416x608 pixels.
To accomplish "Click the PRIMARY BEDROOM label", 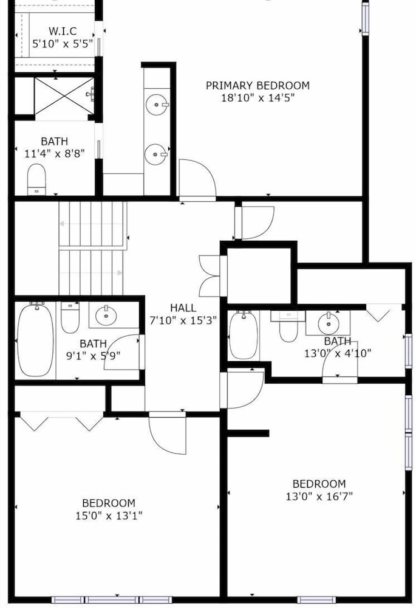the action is coord(257,85).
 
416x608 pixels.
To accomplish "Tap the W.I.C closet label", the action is coord(63,31).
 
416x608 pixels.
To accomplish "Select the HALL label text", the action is coord(183,308).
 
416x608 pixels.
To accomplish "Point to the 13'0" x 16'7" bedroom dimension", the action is coord(319,496).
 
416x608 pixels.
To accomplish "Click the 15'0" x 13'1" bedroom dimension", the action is coord(109,516).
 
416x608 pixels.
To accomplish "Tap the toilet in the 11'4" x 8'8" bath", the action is coord(37,179).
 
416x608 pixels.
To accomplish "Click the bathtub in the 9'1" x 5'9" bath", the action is coord(36,340).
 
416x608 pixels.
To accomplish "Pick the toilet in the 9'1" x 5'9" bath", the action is coord(70,317).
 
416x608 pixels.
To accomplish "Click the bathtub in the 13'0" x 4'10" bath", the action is coord(244,336).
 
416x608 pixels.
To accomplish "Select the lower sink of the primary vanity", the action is coord(156,154).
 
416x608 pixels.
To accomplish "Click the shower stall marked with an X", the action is coord(64,96).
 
